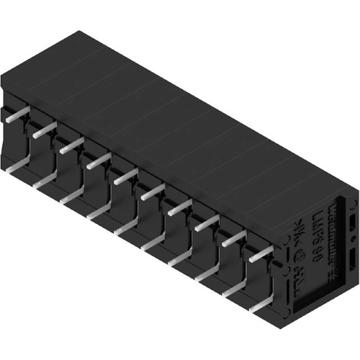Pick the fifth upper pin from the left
[x=125, y=176]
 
